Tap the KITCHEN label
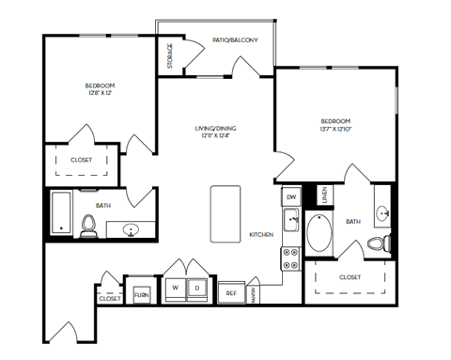(x=260, y=234)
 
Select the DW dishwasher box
(x=291, y=196)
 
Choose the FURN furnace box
(x=142, y=294)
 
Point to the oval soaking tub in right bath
(x=317, y=233)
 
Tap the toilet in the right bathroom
(x=378, y=244)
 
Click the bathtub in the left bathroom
(x=60, y=213)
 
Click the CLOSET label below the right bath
(x=350, y=277)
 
